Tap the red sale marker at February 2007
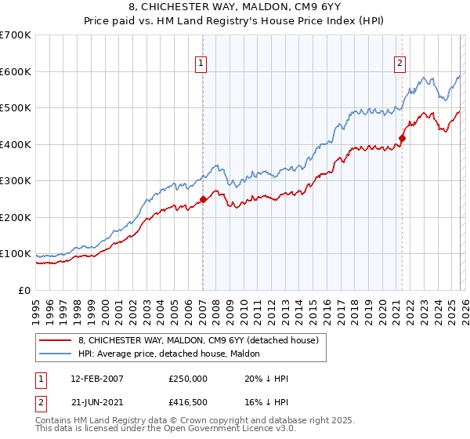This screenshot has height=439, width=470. pos(203,199)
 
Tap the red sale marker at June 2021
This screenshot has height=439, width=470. pos(402,139)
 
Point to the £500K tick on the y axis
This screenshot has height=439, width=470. pos(16,108)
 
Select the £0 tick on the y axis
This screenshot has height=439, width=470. pos(25,290)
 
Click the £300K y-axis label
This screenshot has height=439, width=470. pos(16,181)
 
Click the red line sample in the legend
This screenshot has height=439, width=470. pos(56,341)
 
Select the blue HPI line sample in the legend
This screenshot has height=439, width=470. pos(56,354)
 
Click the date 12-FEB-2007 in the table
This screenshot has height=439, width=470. pos(91,378)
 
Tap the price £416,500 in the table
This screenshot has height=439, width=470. pos(188,403)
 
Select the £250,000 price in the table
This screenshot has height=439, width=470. pos(188,378)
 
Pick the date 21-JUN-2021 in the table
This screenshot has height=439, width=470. pos(91,403)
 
